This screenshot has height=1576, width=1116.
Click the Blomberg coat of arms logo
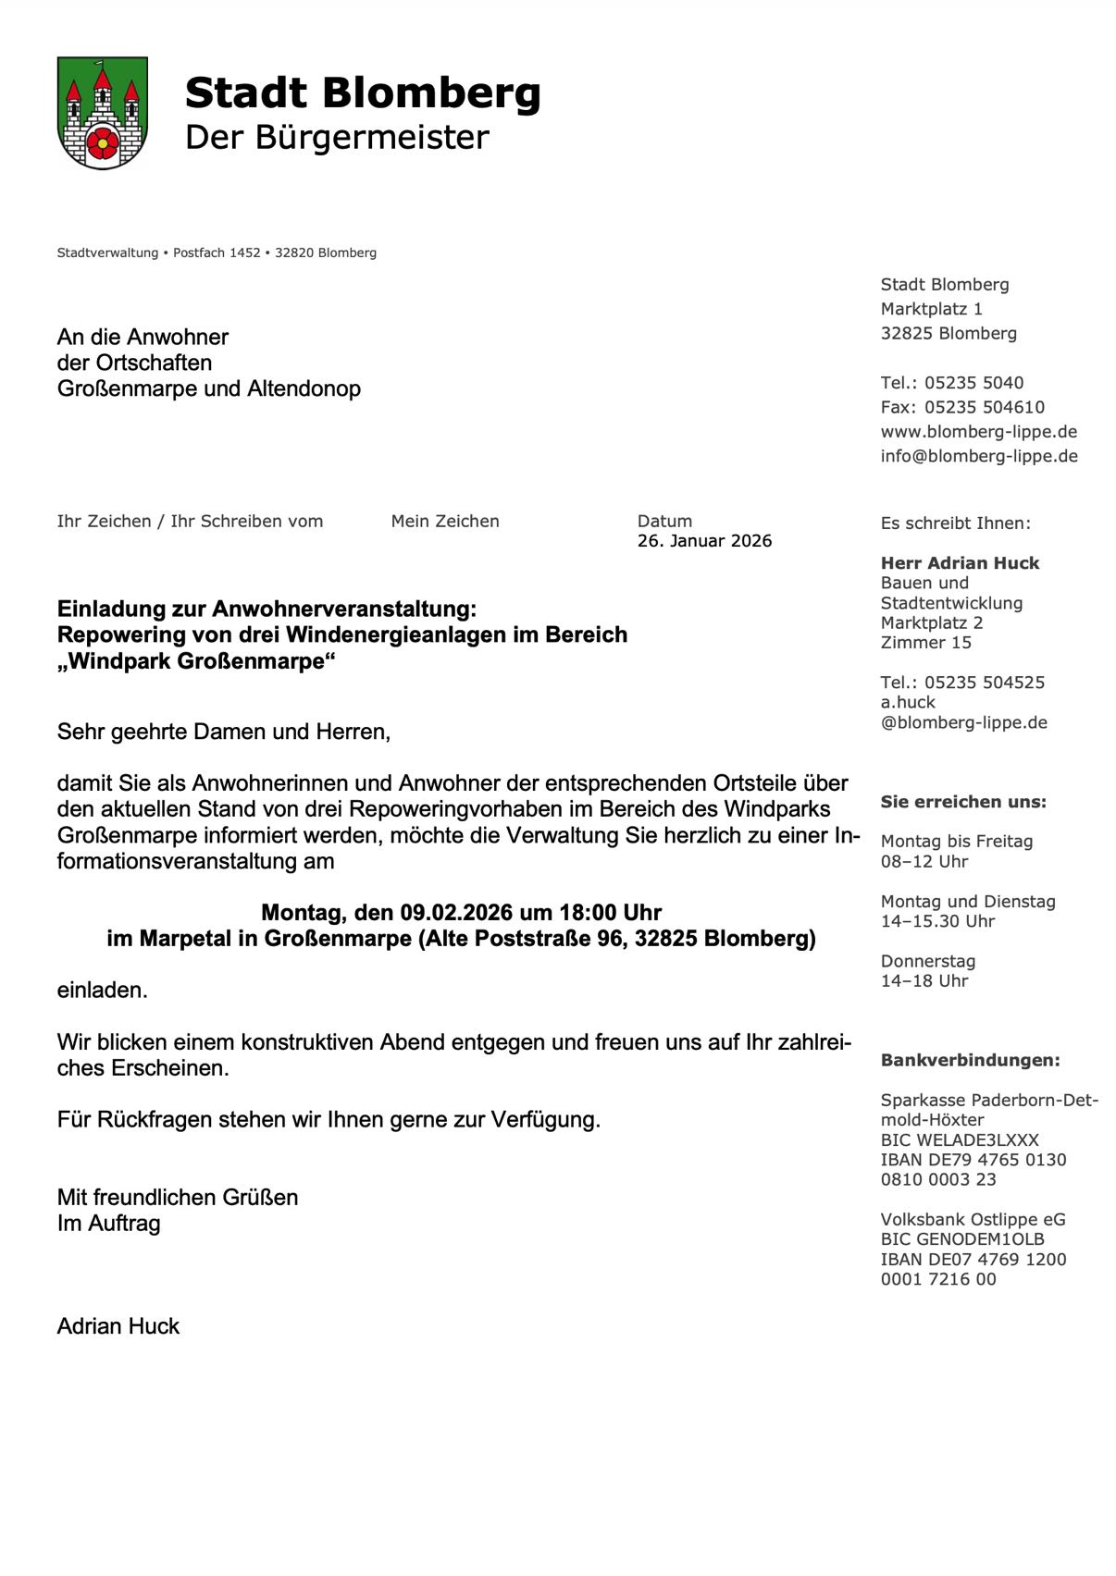(x=102, y=113)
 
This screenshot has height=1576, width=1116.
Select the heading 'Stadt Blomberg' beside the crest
(x=362, y=93)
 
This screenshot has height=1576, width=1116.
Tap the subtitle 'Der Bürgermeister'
(x=337, y=137)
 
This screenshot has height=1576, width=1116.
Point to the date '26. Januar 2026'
(x=704, y=541)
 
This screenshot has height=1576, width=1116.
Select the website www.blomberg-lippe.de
(x=978, y=432)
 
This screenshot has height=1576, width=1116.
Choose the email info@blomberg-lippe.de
(x=979, y=456)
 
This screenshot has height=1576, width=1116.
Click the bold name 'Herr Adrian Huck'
(x=960, y=563)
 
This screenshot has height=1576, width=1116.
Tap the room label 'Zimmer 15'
(x=925, y=643)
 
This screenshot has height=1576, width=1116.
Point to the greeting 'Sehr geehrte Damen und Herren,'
(x=224, y=732)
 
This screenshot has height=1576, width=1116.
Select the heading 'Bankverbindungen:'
(x=970, y=1061)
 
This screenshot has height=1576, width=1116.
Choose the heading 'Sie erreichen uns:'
(x=963, y=802)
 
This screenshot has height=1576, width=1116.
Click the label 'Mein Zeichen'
(x=445, y=522)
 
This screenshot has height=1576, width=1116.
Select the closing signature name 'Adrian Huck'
(x=118, y=1326)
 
